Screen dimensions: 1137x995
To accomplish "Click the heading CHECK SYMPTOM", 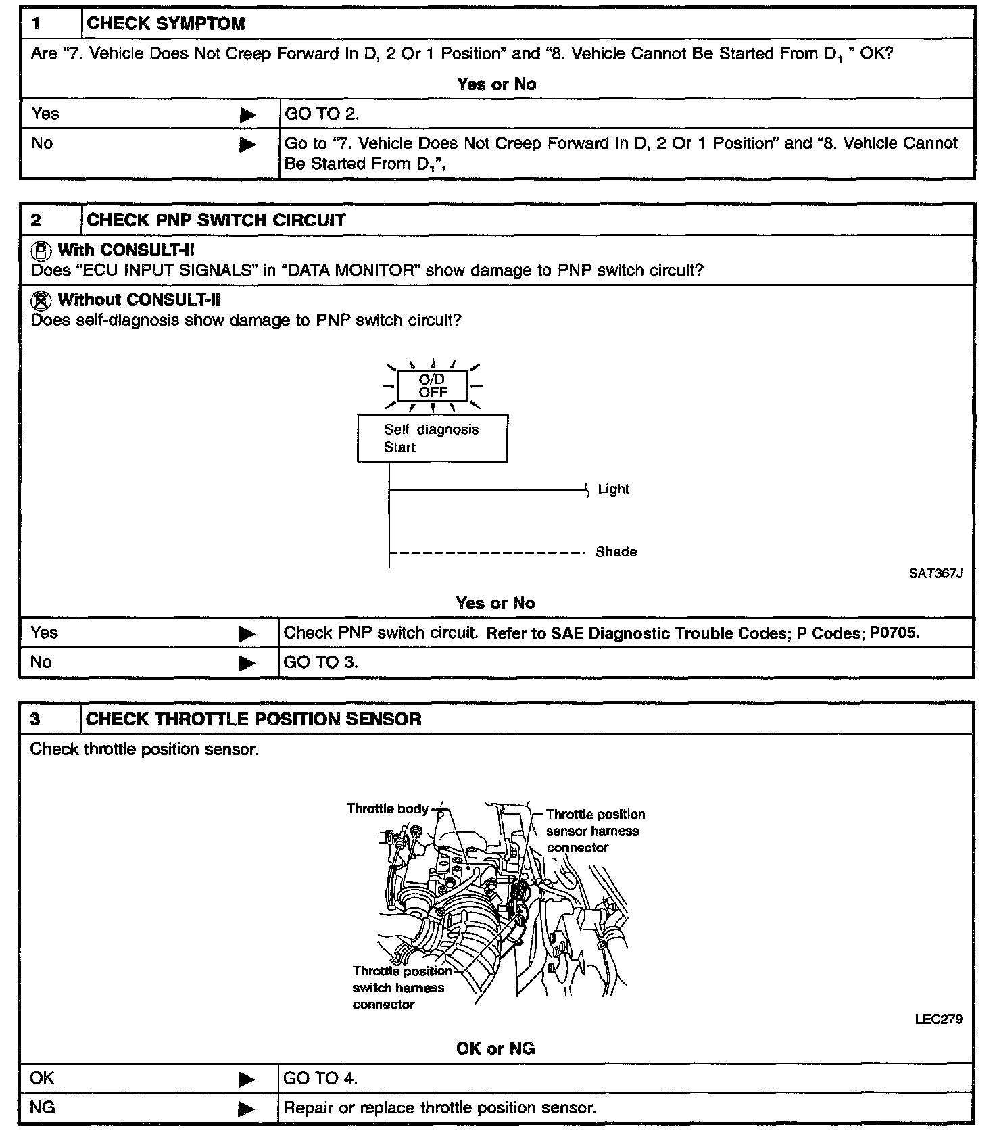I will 166,24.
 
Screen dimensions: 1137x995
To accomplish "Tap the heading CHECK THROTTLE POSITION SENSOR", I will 253,719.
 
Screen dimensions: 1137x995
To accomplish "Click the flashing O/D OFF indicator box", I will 433,386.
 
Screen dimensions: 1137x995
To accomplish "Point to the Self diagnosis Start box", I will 432,438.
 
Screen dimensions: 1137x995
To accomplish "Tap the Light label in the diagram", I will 613,489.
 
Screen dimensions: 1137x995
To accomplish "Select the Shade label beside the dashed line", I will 616,552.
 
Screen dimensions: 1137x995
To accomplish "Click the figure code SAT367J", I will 935,573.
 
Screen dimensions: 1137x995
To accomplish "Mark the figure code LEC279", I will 938,1019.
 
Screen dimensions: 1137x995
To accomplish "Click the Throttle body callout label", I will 387,808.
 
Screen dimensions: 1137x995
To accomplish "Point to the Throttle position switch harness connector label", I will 402,988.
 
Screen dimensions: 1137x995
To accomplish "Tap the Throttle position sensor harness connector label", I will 595,831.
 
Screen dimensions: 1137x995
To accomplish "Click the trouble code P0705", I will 894,633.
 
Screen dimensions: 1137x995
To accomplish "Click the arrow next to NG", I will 247,1109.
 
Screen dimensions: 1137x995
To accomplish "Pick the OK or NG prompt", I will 495,1048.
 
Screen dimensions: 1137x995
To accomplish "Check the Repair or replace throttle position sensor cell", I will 439,1108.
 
